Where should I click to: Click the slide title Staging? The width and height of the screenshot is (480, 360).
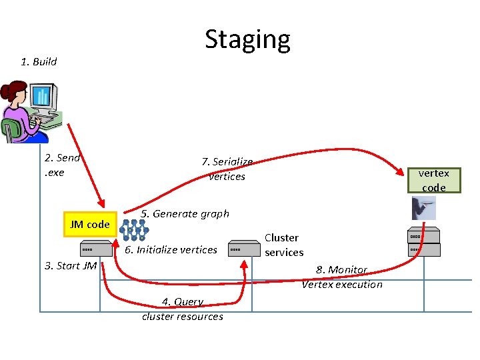click(247, 39)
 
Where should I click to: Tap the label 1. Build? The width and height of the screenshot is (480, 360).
click(39, 62)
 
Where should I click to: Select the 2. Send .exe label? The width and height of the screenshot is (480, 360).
click(62, 165)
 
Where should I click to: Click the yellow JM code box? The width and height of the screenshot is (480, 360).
click(89, 225)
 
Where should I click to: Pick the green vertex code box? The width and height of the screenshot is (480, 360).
click(433, 180)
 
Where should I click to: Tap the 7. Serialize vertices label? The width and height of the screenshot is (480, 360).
click(227, 169)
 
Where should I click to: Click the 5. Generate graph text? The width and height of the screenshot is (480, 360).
click(185, 214)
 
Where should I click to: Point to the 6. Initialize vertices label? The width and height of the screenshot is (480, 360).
click(171, 250)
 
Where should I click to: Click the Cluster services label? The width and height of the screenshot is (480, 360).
click(283, 245)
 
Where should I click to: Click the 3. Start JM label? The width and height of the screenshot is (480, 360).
click(71, 266)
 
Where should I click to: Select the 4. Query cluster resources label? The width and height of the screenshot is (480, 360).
click(183, 309)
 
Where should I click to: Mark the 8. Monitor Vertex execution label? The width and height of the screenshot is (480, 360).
click(342, 277)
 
